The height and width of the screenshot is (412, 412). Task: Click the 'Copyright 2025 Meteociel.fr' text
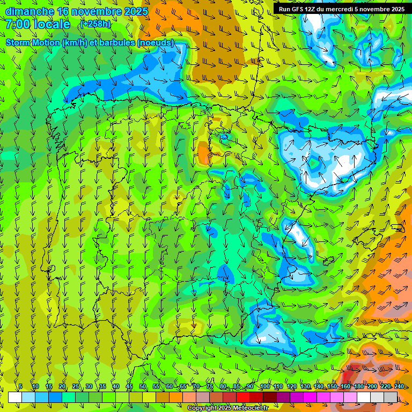click(x=228, y=408)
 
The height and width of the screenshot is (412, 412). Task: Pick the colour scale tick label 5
click(x=21, y=386)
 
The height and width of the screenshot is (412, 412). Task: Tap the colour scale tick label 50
click(x=143, y=386)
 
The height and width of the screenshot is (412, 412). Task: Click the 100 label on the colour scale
click(x=264, y=386)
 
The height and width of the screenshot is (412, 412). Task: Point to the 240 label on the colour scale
click(x=399, y=386)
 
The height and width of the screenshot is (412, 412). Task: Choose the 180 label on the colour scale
click(x=358, y=386)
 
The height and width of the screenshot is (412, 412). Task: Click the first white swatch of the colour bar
click(x=15, y=397)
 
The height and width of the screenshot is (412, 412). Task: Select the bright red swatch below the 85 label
click(x=243, y=397)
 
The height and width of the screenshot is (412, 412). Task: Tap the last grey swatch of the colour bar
click(x=391, y=397)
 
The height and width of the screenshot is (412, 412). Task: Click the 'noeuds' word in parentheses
click(x=156, y=43)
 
